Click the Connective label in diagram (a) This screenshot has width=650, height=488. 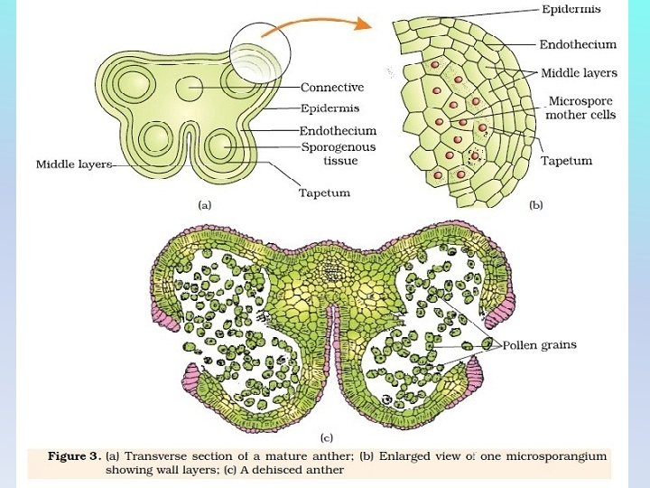[x=331, y=88]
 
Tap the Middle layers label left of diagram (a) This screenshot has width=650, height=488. [x=72, y=164]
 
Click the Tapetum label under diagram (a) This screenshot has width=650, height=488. [x=324, y=192]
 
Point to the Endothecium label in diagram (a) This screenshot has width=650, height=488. [x=338, y=131]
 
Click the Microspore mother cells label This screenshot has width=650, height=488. [x=580, y=108]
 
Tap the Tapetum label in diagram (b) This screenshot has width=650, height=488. [x=566, y=161]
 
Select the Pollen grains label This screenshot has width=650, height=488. [x=539, y=345]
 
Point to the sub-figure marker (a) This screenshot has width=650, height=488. [x=205, y=205]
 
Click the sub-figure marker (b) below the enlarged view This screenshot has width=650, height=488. [x=535, y=205]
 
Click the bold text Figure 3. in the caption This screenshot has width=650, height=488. [x=74, y=456]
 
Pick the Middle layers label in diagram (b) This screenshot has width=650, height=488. [x=579, y=72]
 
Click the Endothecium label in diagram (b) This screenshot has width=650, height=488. [x=578, y=43]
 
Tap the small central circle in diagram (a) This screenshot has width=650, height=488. [x=190, y=89]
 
